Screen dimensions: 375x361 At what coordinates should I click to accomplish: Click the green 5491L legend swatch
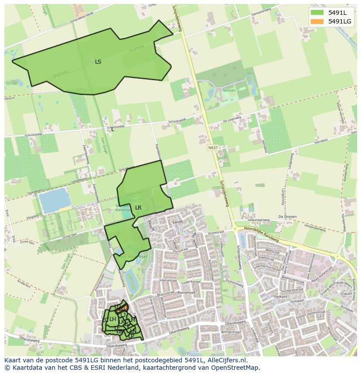click(317, 12)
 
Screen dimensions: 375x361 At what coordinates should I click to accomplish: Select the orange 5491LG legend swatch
click(317, 21)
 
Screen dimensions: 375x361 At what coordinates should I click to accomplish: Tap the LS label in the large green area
click(98, 62)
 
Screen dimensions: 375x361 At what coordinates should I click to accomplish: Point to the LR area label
click(138, 208)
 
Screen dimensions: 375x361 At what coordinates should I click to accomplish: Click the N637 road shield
click(212, 148)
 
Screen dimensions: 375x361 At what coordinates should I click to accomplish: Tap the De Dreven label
click(287, 216)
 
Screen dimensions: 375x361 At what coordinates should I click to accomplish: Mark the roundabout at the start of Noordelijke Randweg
click(235, 228)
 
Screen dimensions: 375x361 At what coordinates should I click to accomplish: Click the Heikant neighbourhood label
click(281, 297)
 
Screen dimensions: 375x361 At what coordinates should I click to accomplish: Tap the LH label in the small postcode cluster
click(112, 319)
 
